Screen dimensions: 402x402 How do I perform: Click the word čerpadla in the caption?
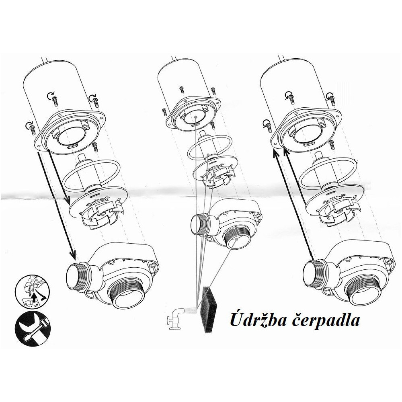pyautogui.click(x=326, y=321)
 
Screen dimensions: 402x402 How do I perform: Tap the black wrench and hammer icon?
pyautogui.click(x=33, y=329)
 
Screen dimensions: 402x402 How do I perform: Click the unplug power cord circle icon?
pyautogui.click(x=32, y=291)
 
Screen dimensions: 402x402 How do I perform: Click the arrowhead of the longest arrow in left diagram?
pyautogui.click(x=73, y=255)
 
